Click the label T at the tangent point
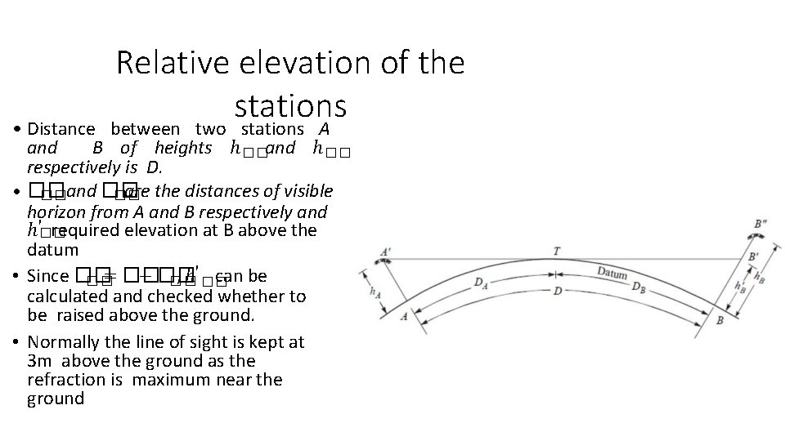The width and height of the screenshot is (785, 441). (557, 252)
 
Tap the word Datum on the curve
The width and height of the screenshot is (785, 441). (612, 273)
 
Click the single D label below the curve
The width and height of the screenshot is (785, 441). (557, 291)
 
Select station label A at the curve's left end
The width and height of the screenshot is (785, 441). (403, 316)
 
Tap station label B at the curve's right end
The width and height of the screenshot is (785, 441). (720, 320)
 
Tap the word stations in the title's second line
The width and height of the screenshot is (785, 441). (290, 105)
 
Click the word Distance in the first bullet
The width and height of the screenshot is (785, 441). (62, 129)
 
